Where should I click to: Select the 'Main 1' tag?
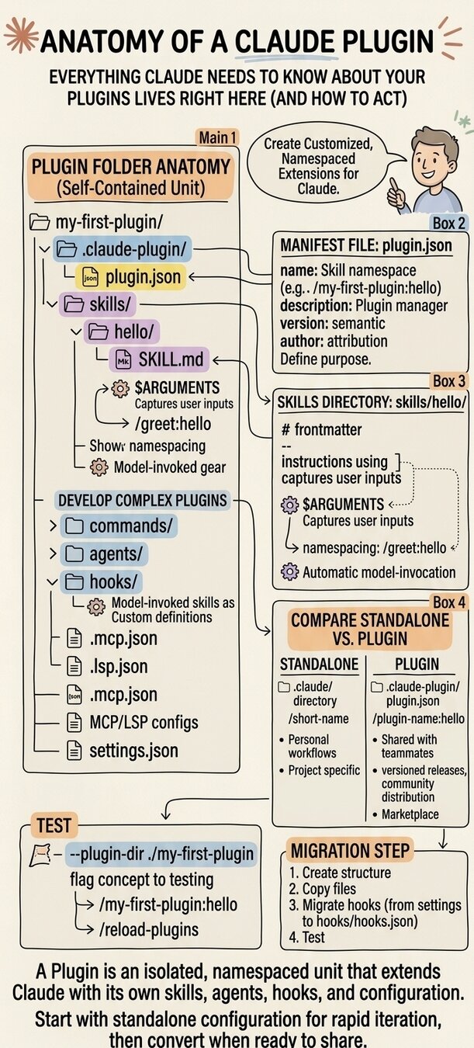218,137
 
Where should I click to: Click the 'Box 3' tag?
449,381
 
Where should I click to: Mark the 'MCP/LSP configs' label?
132,722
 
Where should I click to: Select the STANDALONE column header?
319,665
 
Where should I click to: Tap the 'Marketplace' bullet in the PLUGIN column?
410,814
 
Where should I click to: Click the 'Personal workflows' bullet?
308,746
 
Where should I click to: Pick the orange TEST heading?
53,824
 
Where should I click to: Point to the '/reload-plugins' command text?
149,930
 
